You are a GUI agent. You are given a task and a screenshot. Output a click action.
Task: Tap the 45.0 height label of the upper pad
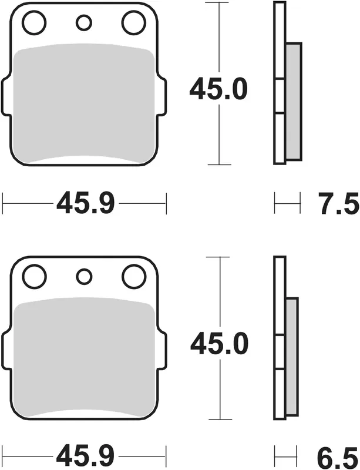click(219, 89)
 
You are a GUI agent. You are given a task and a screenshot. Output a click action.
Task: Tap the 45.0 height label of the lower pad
click(220, 344)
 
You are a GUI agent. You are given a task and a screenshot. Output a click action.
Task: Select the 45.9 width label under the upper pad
click(86, 204)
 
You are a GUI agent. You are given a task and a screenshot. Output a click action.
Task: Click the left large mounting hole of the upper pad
click(35, 22)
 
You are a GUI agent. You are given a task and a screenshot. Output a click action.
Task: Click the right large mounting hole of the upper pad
click(134, 22)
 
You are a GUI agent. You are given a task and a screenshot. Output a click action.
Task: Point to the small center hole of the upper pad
click(84, 23)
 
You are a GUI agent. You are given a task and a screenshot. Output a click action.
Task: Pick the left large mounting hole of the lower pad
click(35, 276)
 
